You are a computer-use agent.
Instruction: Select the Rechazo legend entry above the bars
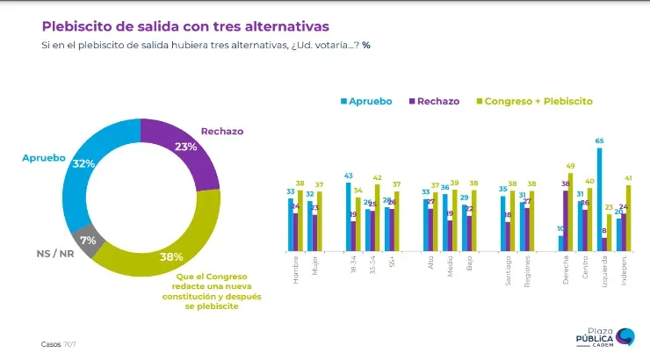click(434, 101)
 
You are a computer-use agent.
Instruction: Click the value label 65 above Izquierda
click(599, 141)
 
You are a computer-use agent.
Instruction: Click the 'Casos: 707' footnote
click(59, 343)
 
